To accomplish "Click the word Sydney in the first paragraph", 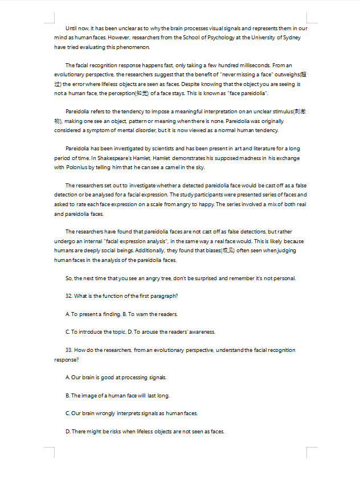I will tap(292, 38).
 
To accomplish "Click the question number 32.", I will tap(69, 296).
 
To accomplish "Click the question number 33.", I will tap(69, 350).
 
